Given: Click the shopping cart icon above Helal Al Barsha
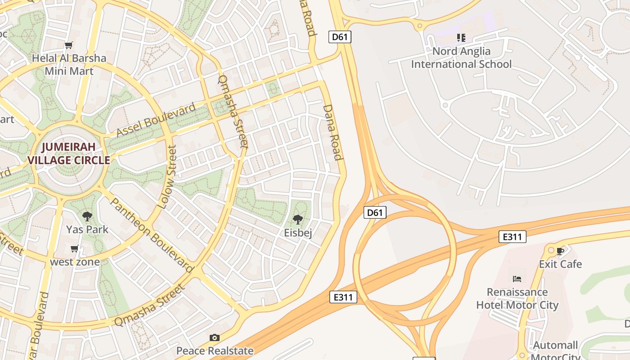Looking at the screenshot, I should tap(68, 45).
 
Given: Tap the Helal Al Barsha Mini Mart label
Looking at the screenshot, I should tap(69, 64).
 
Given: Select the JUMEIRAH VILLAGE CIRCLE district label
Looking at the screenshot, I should tap(69, 153).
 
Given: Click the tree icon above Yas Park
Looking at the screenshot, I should tap(87, 216).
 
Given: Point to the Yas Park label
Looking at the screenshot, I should tap(87, 229).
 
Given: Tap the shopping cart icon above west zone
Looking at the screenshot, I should tap(75, 249).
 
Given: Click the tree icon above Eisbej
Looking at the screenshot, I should tap(297, 220).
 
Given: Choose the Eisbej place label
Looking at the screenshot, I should tap(298, 233).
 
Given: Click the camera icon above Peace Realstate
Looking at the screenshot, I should tap(215, 337).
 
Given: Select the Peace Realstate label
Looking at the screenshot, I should tap(215, 351).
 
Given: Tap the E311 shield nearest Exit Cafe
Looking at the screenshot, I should tap(512, 237).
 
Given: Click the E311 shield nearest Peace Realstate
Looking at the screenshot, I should tap(343, 297).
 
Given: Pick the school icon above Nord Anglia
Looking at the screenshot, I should tap(461, 38).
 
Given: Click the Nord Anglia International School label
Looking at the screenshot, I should tap(461, 58).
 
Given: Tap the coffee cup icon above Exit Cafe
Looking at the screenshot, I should tap(560, 251).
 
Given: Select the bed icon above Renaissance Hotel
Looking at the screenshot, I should tap(517, 279).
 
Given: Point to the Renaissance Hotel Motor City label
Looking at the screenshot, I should tap(517, 299).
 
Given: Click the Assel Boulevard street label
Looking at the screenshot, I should tap(156, 120).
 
